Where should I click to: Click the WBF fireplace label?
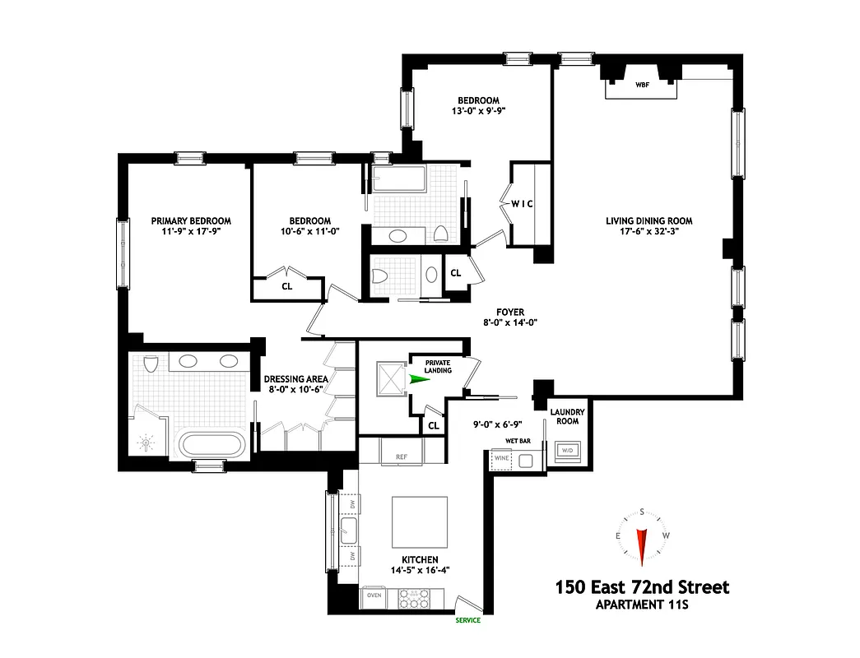point(642,85)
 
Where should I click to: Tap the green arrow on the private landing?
point(420,379)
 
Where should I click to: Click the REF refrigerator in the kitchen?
point(402,456)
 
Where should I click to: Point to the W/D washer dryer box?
point(568,451)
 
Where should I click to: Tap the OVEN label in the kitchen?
point(374,594)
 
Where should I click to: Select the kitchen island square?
point(420,524)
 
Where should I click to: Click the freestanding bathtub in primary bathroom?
point(212,446)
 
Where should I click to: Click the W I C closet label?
point(523,204)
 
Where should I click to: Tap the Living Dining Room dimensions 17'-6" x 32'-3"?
point(648,232)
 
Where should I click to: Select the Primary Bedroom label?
point(191,220)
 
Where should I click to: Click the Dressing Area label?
point(296,379)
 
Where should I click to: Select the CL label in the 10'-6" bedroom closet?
point(287,287)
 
